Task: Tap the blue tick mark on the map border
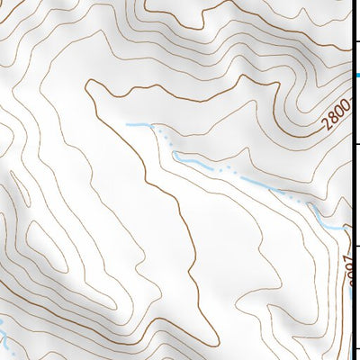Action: pos(357,76)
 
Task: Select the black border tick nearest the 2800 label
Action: pos(357,143)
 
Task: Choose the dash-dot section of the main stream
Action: pos(234,176)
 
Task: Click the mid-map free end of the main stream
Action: pos(128,122)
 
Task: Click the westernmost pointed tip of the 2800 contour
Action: pos(86,86)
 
